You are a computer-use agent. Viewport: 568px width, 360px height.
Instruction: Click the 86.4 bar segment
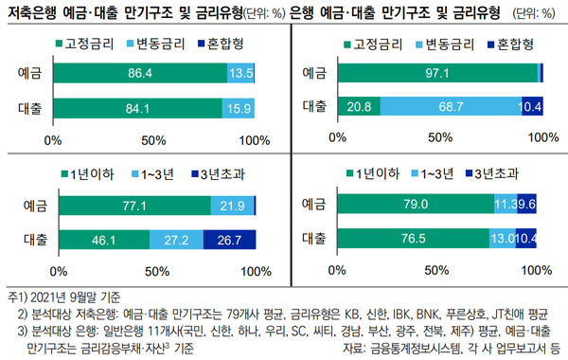(x=144, y=73)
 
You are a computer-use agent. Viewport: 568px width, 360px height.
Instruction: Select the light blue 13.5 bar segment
(x=241, y=73)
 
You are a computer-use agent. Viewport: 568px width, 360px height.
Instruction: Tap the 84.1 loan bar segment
(x=142, y=108)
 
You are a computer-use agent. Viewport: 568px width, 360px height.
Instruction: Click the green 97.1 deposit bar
(x=440, y=73)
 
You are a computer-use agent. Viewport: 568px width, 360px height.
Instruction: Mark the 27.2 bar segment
(x=176, y=240)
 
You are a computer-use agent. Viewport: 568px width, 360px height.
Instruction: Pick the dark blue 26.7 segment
(x=230, y=240)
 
